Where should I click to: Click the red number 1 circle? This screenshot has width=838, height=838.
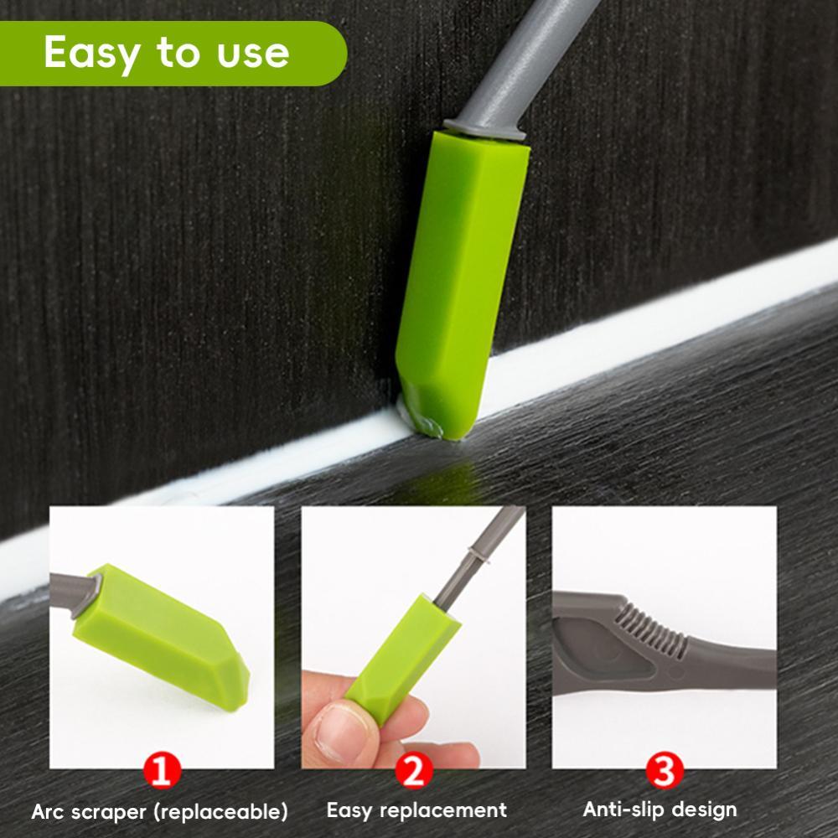163,770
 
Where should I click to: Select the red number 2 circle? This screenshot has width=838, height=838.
414,770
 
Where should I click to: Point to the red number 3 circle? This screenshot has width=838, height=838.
665,770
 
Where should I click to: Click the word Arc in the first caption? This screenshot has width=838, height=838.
48,812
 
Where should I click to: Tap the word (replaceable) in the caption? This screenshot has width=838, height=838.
221,812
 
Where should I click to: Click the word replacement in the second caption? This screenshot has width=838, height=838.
446,810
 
